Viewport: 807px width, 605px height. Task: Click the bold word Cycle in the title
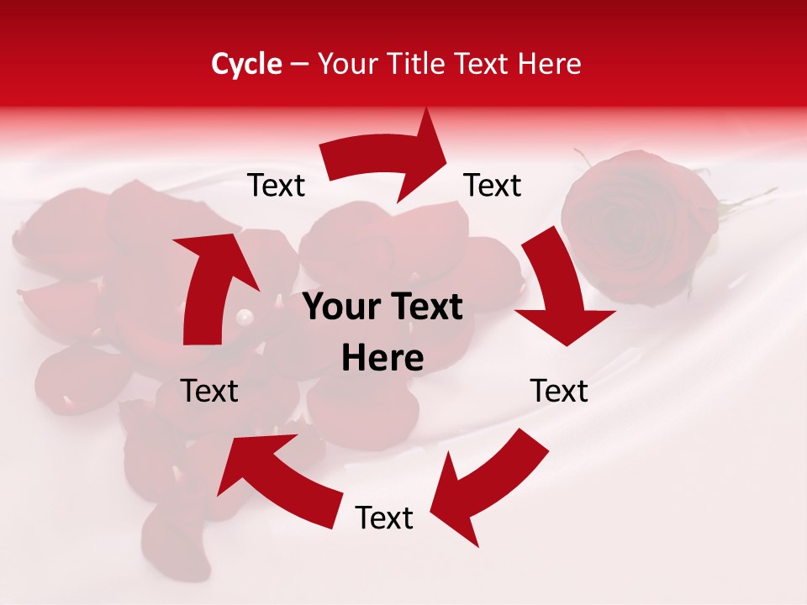coord(246,64)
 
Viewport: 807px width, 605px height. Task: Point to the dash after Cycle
coord(299,65)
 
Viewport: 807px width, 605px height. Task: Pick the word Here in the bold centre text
coord(382,359)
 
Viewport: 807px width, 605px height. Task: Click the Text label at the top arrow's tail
coord(277,185)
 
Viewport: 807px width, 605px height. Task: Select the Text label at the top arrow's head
coord(493,185)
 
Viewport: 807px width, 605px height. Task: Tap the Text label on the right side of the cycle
coord(559,391)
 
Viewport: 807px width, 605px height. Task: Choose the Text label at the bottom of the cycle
coord(384,518)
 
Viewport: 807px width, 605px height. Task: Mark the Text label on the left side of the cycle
coord(209,391)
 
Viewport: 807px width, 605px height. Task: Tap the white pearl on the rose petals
coord(245,318)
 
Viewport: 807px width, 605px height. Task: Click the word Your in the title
coord(345,64)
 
